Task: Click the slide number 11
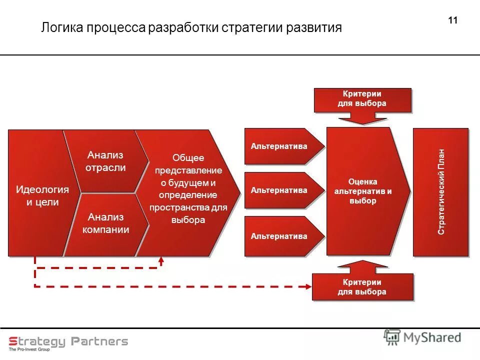453,20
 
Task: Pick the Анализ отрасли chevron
105,161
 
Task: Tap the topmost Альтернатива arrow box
279,146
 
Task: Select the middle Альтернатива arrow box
279,190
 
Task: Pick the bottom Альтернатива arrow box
279,236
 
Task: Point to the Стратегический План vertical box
440,192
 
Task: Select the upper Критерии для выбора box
362,99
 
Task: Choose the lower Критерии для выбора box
362,287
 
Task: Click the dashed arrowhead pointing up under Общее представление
161,260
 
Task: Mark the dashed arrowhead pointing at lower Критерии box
307,286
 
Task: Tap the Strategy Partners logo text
68,341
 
